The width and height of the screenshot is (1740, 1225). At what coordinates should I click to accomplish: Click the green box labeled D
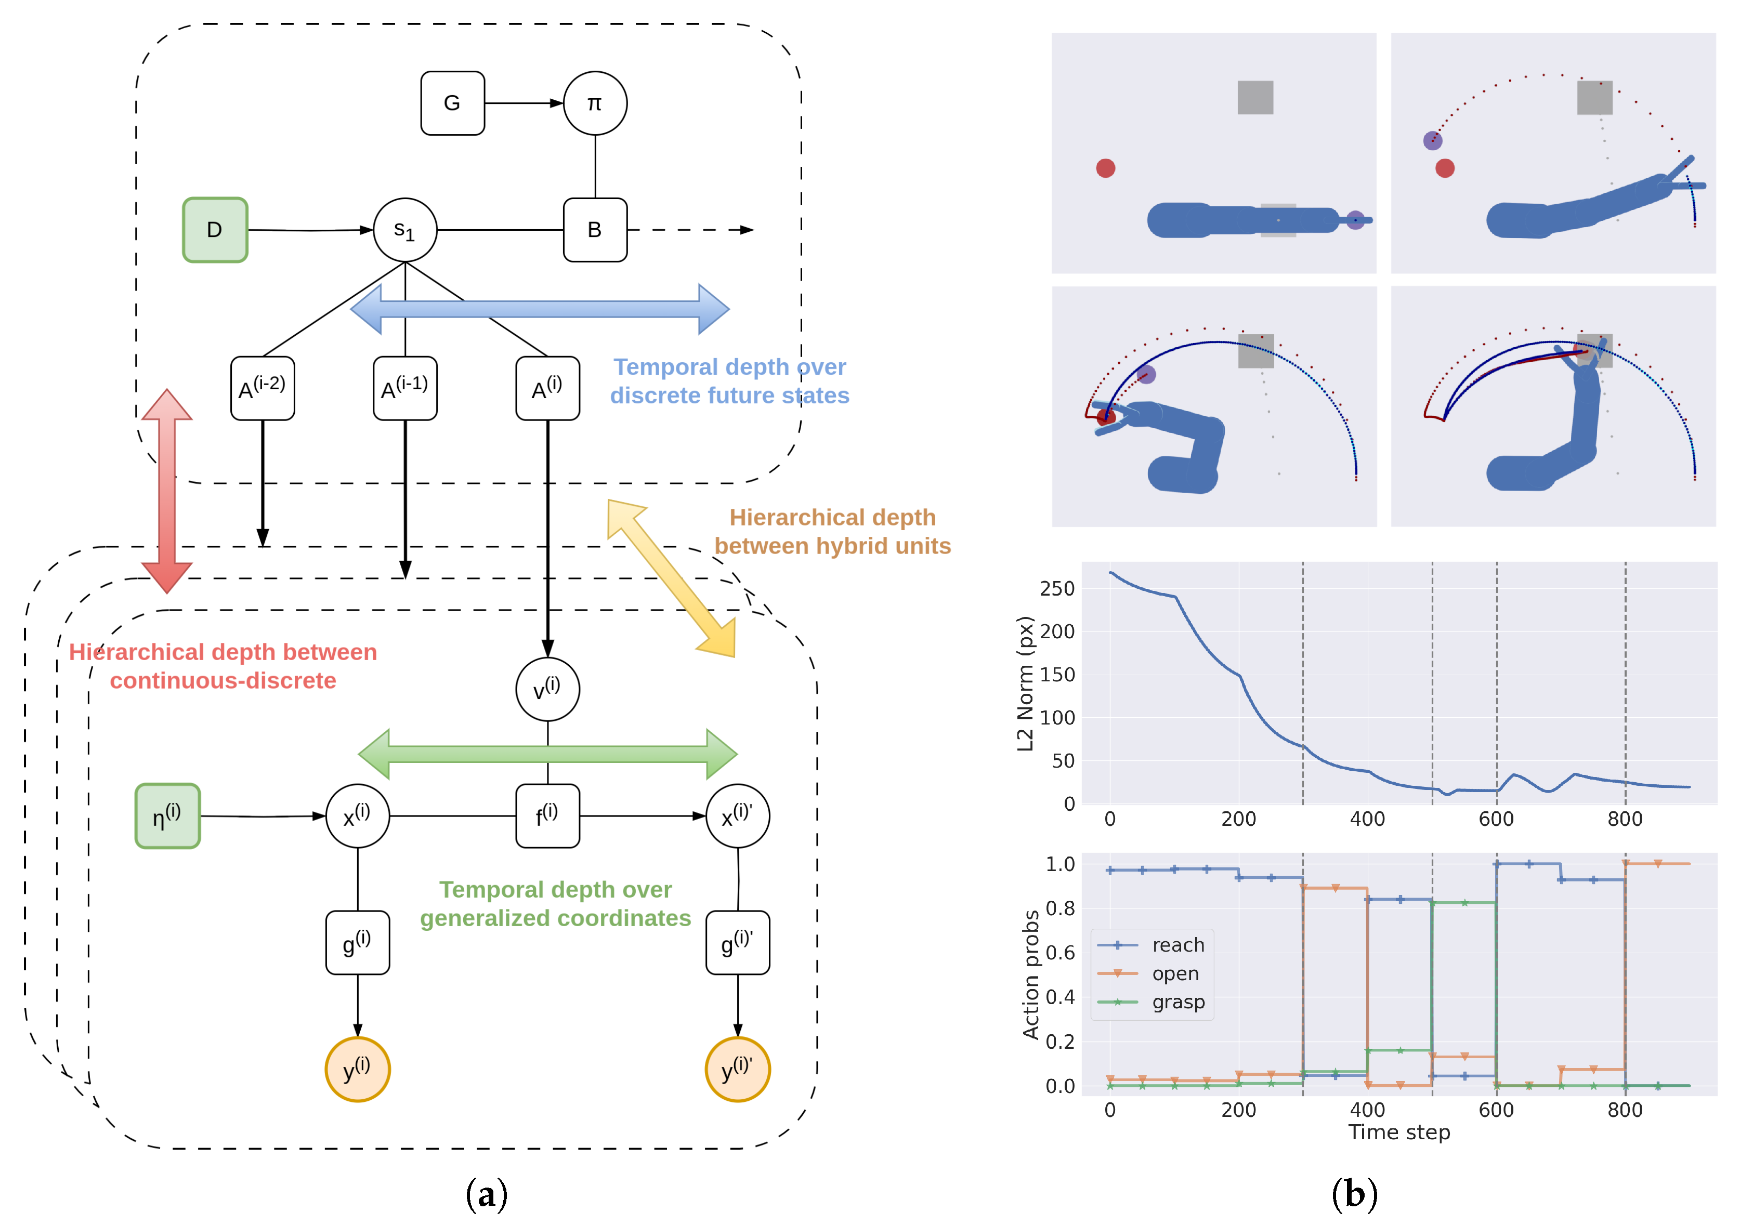215,230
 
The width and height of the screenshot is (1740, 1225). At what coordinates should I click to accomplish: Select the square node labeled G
452,103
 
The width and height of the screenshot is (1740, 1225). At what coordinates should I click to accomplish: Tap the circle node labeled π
595,103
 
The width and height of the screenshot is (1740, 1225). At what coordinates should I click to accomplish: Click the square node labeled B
595,230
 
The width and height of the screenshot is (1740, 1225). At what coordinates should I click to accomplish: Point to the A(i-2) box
262,388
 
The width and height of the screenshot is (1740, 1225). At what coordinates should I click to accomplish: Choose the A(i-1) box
404,388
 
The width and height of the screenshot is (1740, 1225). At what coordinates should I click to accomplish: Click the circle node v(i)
547,689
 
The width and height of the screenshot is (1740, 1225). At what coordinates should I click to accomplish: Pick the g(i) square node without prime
357,942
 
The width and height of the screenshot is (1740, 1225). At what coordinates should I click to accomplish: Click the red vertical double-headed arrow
167,491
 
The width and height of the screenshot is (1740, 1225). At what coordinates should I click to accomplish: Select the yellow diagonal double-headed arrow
672,577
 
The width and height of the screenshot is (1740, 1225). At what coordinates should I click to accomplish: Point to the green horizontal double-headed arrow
547,754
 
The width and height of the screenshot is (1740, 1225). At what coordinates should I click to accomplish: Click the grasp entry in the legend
1178,1002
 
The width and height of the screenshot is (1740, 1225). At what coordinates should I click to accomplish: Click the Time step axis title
1398,1132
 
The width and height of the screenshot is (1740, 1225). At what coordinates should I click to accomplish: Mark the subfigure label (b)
1354,1194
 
